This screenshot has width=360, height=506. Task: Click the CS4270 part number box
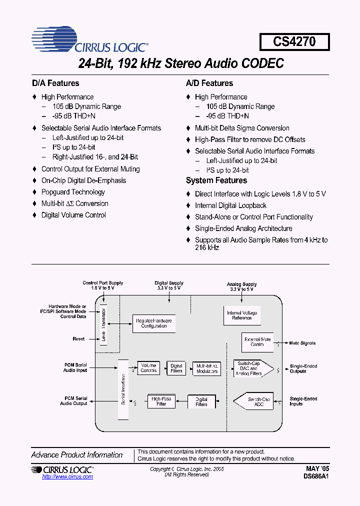[294, 41]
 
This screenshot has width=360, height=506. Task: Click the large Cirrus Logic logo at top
[89, 39]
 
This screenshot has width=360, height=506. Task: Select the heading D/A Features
[55, 83]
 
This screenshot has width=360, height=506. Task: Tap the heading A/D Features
[209, 83]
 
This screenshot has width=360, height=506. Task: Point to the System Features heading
[216, 180]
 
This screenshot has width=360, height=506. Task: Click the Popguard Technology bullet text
[73, 192]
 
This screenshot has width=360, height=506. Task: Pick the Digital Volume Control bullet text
[73, 215]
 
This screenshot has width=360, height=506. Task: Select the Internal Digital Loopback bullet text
[230, 205]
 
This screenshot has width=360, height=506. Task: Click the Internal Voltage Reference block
[242, 315]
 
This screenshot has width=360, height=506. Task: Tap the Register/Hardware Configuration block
[154, 323]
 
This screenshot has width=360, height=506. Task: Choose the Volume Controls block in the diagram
[148, 368]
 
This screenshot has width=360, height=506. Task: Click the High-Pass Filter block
[161, 401]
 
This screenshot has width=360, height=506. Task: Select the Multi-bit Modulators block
[206, 368]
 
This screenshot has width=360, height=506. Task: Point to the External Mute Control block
[257, 342]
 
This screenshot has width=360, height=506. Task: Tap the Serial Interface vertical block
[123, 389]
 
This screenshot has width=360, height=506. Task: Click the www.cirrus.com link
[67, 477]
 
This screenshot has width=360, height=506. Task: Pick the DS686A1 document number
[316, 477]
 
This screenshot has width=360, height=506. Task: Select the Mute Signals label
[302, 343]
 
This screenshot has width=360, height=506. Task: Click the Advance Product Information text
[77, 455]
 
